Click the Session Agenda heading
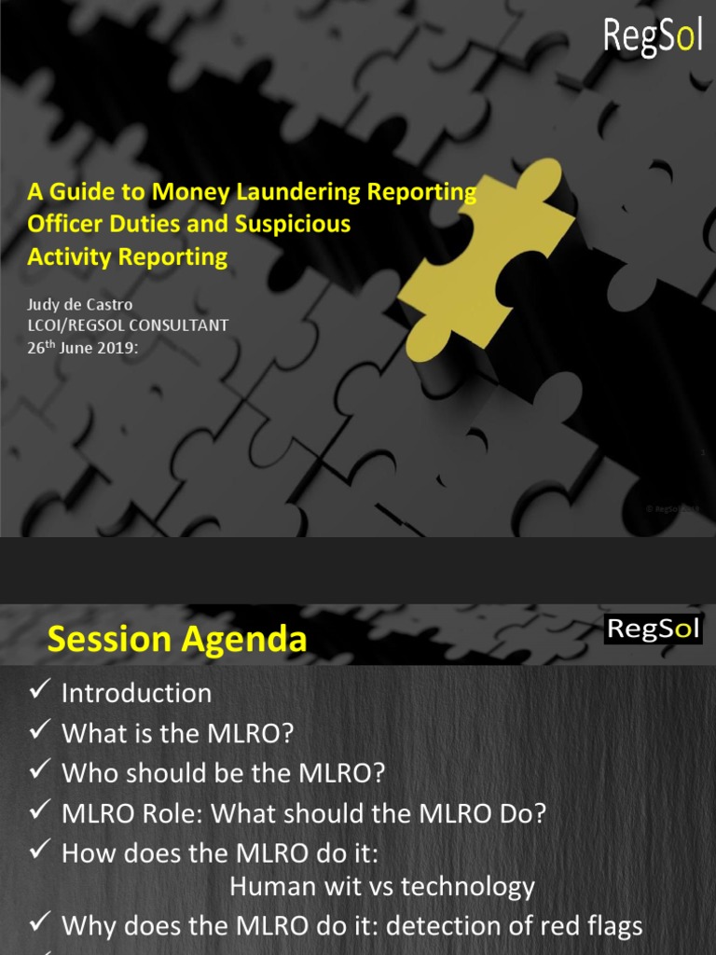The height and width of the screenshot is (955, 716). pos(176,640)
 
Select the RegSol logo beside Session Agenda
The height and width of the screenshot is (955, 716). pos(653,629)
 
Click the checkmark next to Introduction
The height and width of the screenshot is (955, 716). pos(39,691)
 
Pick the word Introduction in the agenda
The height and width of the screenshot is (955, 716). pos(136,694)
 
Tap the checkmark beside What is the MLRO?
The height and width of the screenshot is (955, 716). pos(39,731)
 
